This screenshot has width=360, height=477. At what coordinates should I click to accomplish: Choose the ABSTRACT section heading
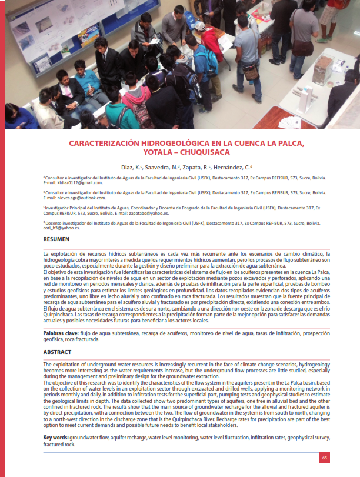tap(58, 352)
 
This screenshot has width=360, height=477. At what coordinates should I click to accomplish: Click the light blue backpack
tap(206, 62)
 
